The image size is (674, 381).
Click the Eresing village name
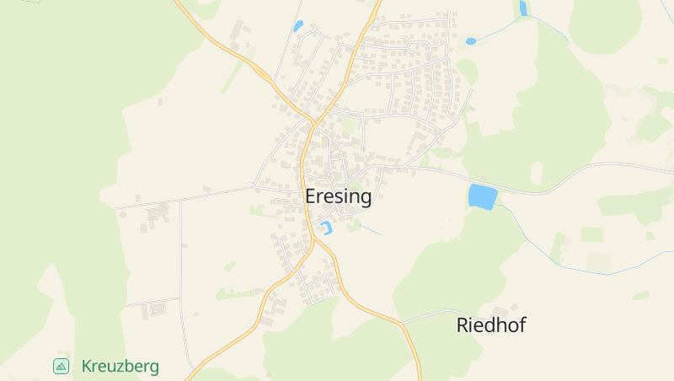(337, 196)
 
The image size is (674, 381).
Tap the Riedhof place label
(490, 325)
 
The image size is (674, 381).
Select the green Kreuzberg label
(120, 367)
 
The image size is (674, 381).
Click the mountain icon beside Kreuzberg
(61, 366)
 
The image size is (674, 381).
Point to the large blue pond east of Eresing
(483, 196)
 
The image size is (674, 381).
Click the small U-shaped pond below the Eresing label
(325, 227)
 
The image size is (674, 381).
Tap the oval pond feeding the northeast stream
(471, 40)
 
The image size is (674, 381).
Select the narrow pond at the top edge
(523, 8)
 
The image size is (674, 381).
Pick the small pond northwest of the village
(297, 26)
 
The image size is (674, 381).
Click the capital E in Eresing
(311, 196)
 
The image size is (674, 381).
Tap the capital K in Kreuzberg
(87, 367)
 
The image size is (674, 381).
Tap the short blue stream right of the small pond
(370, 229)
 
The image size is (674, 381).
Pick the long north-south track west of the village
(181, 278)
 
